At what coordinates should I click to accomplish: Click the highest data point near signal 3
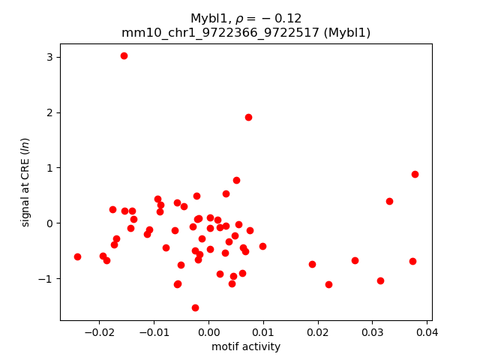point(124,55)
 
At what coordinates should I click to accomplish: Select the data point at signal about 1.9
point(248,117)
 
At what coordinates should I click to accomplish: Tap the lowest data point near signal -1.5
point(195,307)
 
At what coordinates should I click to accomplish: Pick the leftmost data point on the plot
point(77,256)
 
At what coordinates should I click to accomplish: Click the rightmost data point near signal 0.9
point(415,174)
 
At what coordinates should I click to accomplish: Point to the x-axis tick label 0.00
point(208,332)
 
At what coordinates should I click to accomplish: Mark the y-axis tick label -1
point(45,279)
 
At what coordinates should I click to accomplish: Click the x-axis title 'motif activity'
point(246,346)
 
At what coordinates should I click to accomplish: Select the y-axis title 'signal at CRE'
point(25,182)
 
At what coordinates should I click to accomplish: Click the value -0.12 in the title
point(286,18)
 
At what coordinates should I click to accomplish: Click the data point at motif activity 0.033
point(389,201)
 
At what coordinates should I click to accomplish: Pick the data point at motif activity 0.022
point(328,284)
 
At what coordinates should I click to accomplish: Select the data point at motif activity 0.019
point(312,264)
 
